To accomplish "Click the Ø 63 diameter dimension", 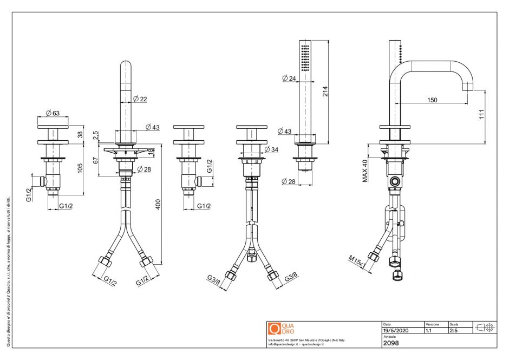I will (x=53, y=113).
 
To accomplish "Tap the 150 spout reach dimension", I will (x=432, y=100).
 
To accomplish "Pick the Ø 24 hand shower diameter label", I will (x=289, y=78).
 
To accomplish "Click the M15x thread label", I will (x=356, y=261).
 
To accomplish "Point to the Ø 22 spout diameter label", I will (x=140, y=99).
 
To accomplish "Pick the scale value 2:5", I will (x=454, y=330).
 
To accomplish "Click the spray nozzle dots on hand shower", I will (x=305, y=58).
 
